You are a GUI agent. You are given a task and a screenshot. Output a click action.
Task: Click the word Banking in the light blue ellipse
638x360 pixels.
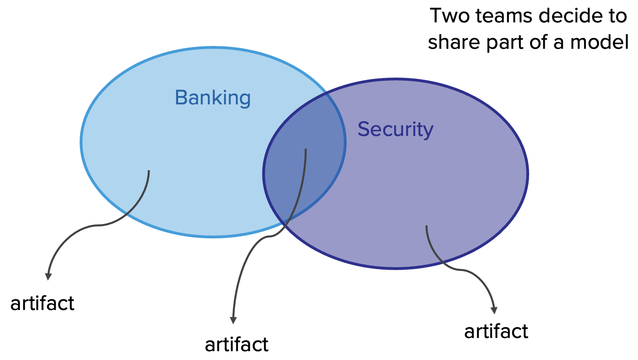[x=213, y=98]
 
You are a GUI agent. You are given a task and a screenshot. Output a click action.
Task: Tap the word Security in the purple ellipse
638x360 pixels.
[x=395, y=129]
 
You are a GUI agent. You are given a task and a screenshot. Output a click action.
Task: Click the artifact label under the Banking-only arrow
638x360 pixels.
[x=42, y=304]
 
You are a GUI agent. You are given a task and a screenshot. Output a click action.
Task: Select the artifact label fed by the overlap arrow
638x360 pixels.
[x=237, y=345]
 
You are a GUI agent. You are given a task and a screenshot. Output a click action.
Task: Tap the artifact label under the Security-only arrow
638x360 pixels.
[x=496, y=332]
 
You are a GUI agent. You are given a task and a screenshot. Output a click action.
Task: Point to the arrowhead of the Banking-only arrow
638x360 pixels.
[x=48, y=276]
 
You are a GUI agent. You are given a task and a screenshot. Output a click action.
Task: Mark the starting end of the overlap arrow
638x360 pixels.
[x=306, y=150]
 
